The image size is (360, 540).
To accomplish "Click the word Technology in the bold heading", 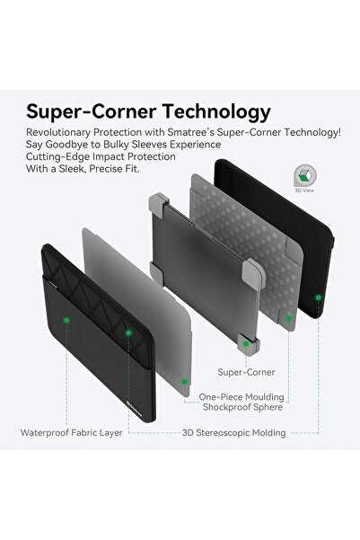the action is pyautogui.click(x=217, y=112).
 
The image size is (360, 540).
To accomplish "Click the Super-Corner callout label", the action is pyautogui.click(x=246, y=372).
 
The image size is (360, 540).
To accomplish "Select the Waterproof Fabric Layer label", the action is pyautogui.click(x=71, y=433).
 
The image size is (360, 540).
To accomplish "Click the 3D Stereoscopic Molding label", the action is pyautogui.click(x=233, y=433).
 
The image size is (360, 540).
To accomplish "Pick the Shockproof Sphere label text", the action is pyautogui.click(x=242, y=407).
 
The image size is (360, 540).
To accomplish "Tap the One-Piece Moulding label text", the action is pyautogui.click(x=241, y=397).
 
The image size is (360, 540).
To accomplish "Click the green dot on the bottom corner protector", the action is pyautogui.click(x=246, y=343).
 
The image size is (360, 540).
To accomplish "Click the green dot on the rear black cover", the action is pyautogui.click(x=319, y=297).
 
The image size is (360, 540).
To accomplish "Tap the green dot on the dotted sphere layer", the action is pyautogui.click(x=288, y=318).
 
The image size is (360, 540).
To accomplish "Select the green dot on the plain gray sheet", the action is pyautogui.click(x=184, y=381).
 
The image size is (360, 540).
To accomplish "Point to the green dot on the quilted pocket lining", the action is pyautogui.click(x=128, y=333).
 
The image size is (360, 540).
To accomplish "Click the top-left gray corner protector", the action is pyautogui.click(x=158, y=205).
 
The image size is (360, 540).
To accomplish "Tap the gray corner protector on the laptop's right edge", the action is pyautogui.click(x=254, y=273).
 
